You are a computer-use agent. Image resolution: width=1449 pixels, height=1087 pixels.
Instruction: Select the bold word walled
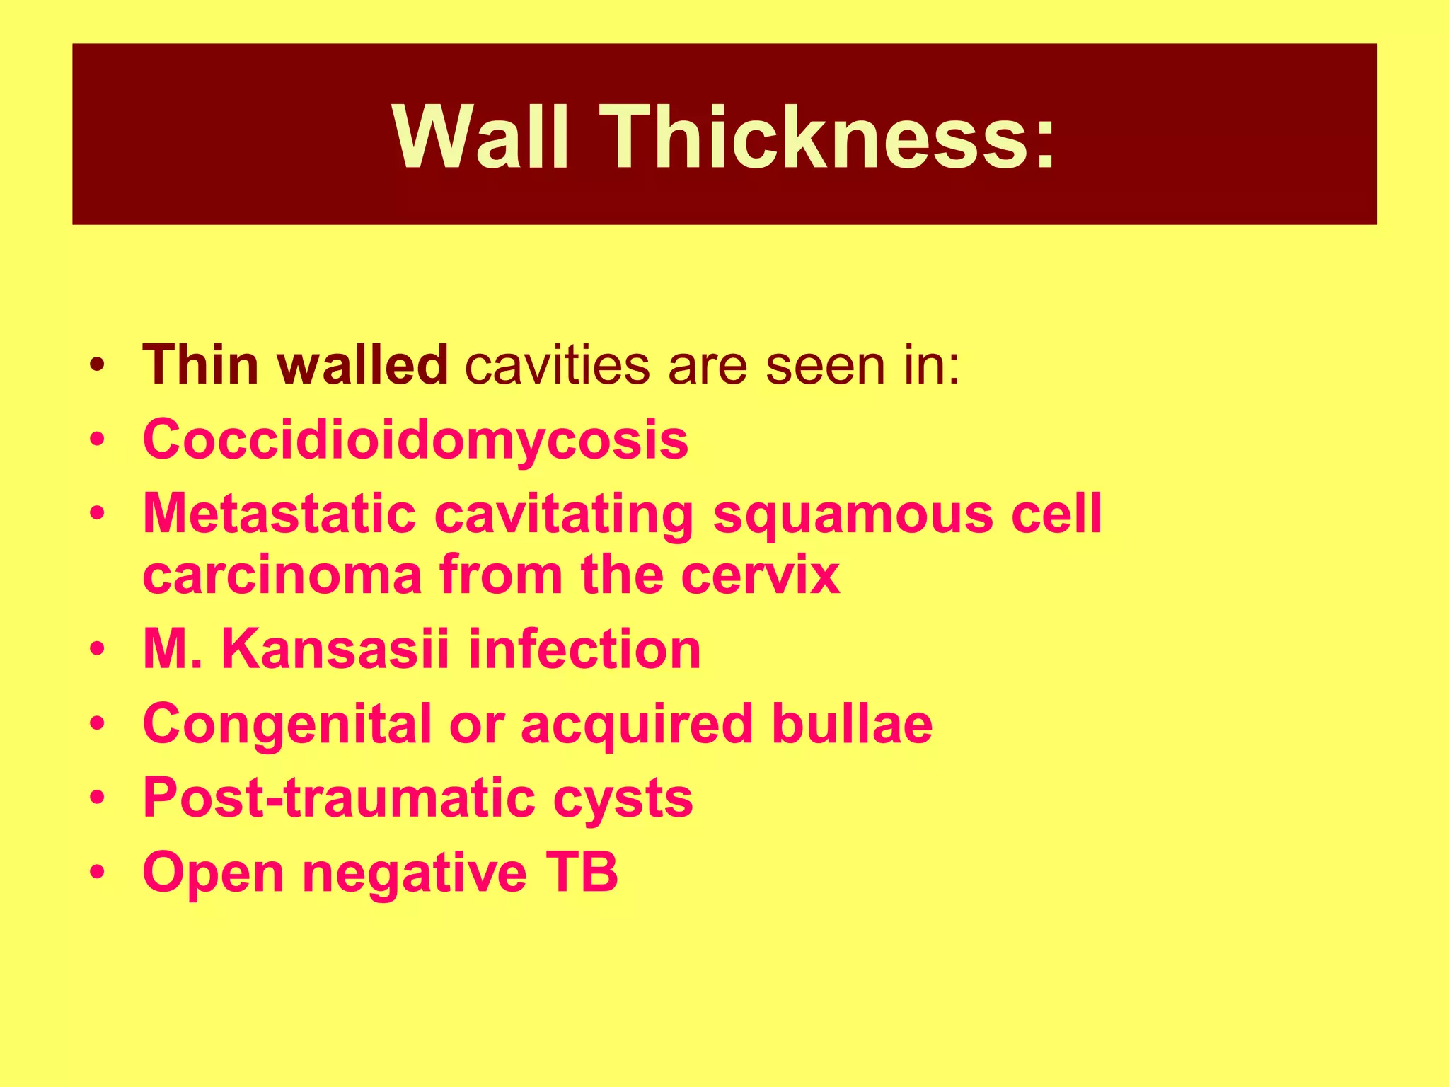(x=362, y=365)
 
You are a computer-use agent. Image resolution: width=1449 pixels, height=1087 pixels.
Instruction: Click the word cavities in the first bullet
(x=557, y=365)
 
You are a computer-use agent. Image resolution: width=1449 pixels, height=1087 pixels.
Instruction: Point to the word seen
(x=825, y=365)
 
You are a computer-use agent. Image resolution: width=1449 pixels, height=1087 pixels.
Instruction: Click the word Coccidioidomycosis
(x=415, y=439)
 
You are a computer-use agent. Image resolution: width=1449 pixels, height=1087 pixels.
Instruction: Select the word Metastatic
(x=279, y=513)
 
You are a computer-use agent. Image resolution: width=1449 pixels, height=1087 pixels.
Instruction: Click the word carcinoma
(x=282, y=574)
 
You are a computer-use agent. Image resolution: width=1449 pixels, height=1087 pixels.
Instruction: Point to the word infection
(x=584, y=649)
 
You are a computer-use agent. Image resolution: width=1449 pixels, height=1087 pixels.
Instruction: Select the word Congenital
(x=287, y=724)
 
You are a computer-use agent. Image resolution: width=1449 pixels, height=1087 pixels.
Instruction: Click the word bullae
(x=852, y=724)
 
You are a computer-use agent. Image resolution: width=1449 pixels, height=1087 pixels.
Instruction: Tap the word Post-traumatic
(x=339, y=798)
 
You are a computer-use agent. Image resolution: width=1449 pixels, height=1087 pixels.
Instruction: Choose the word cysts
(x=623, y=798)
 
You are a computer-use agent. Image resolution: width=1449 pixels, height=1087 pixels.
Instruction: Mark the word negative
(x=415, y=873)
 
